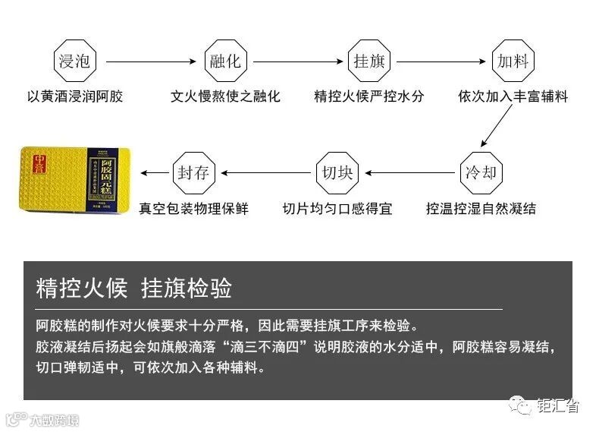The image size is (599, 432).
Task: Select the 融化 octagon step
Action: click(225, 61)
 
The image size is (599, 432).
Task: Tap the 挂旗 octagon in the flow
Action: click(370, 61)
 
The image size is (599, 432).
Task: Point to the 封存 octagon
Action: click(193, 172)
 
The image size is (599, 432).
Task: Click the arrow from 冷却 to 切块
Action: click(409, 172)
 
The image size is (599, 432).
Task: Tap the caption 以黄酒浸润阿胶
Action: click(75, 96)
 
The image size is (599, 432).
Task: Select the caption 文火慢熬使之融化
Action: click(225, 96)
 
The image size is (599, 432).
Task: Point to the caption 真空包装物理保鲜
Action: click(193, 208)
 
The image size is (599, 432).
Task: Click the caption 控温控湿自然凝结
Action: click(481, 208)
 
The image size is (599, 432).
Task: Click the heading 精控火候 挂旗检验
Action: click(133, 289)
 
